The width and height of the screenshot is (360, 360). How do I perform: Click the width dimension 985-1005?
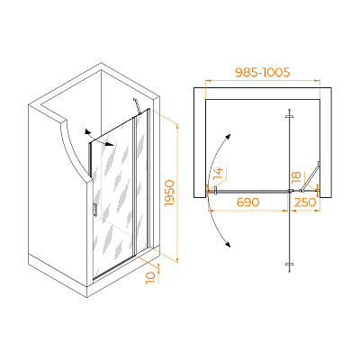pos(263,72)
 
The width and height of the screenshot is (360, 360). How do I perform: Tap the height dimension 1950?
pos(170,193)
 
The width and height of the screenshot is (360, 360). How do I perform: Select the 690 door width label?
pos(247,202)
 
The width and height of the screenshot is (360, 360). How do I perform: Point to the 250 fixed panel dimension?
pos(305,202)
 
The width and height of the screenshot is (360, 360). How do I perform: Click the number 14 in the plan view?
pos(218,174)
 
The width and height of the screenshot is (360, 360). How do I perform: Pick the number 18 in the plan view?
pos(296,177)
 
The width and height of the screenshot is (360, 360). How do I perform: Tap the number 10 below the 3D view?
pos(152,277)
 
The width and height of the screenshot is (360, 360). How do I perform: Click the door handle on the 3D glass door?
pos(94,210)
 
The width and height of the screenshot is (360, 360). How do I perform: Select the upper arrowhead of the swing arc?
pos(228,137)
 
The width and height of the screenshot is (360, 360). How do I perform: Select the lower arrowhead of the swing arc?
pos(228,245)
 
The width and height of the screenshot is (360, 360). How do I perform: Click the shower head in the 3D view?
pos(138,106)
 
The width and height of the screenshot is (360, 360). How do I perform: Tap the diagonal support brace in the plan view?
pos(310,176)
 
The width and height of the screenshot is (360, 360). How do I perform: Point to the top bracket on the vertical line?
pos(289,116)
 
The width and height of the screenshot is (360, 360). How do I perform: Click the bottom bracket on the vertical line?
pos(289,264)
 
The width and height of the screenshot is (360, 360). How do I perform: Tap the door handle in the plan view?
pos(215,191)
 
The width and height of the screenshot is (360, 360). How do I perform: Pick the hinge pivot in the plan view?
pos(291,190)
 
